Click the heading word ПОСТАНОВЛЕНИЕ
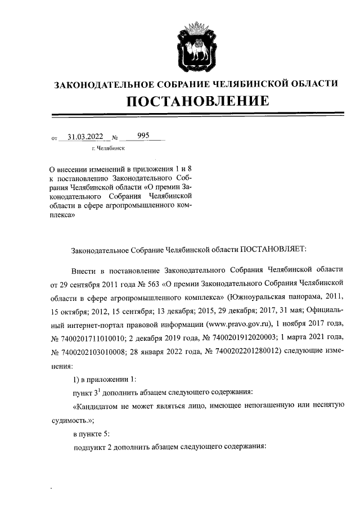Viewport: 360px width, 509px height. point(195,102)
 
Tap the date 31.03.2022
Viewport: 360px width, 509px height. point(84,136)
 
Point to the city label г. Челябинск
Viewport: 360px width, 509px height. point(108,148)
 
